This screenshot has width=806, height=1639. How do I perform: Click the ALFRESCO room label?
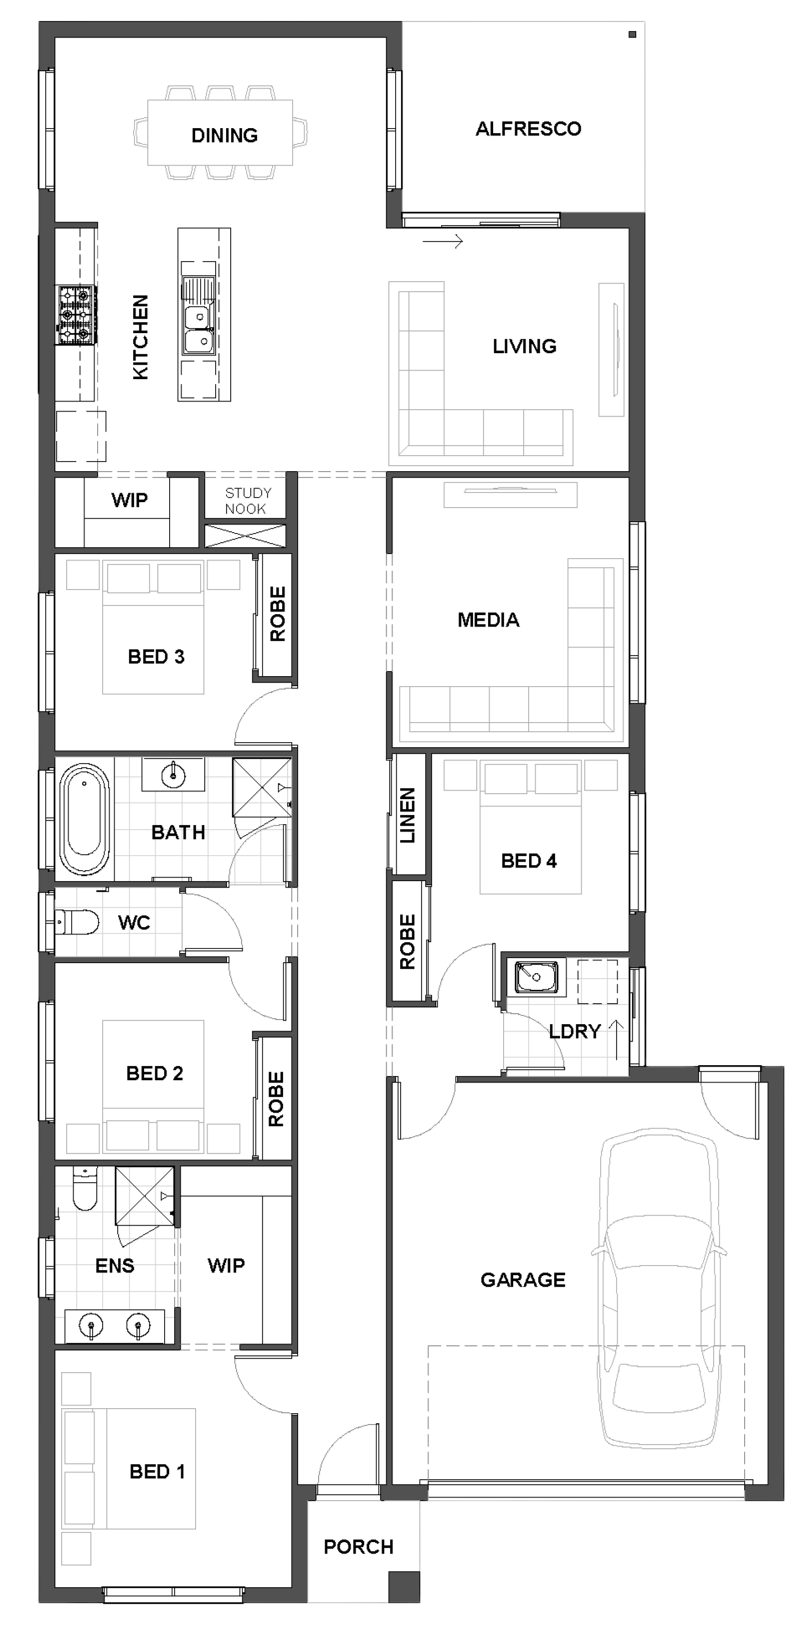pyautogui.click(x=528, y=129)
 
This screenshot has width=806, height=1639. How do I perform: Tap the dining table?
pyautogui.click(x=220, y=133)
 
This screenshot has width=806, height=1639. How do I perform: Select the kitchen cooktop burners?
pyautogui.click(x=75, y=315)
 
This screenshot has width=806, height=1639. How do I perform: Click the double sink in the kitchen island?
pyautogui.click(x=198, y=329)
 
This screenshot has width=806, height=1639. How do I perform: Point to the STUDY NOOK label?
pyautogui.click(x=247, y=500)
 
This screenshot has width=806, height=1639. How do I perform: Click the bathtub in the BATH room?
pyautogui.click(x=84, y=819)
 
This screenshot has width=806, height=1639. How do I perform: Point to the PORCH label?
pyautogui.click(x=358, y=1547)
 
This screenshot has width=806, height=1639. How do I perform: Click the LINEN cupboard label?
pyautogui.click(x=408, y=816)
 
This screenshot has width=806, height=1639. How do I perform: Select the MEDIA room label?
pyautogui.click(x=488, y=620)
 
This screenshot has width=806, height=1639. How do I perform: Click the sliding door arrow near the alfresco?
pyautogui.click(x=443, y=242)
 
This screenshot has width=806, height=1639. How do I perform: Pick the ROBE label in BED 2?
pyautogui.click(x=276, y=1099)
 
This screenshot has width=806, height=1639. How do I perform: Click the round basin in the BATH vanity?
pyautogui.click(x=173, y=774)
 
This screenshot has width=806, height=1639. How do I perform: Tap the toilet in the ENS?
pyautogui.click(x=85, y=1188)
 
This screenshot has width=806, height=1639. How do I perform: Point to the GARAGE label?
pyautogui.click(x=523, y=1279)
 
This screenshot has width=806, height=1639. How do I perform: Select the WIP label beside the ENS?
pyautogui.click(x=226, y=1265)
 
